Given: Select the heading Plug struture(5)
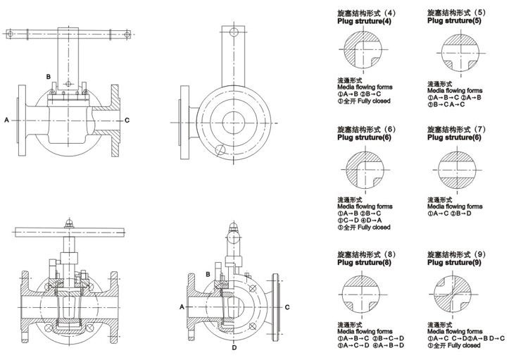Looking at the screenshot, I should pyautogui.click(x=453, y=21).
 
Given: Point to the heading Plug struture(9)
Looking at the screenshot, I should pyautogui.click(x=453, y=262).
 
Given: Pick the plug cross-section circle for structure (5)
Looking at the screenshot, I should pyautogui.click(x=457, y=53).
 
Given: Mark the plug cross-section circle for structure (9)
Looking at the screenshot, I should pyautogui.click(x=457, y=294).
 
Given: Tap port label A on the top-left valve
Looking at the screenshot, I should pyautogui.click(x=6, y=120).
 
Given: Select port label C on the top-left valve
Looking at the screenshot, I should pyautogui.click(x=127, y=120).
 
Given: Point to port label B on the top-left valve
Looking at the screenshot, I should pyautogui.click(x=49, y=75).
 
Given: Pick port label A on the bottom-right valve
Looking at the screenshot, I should pyautogui.click(x=182, y=307).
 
